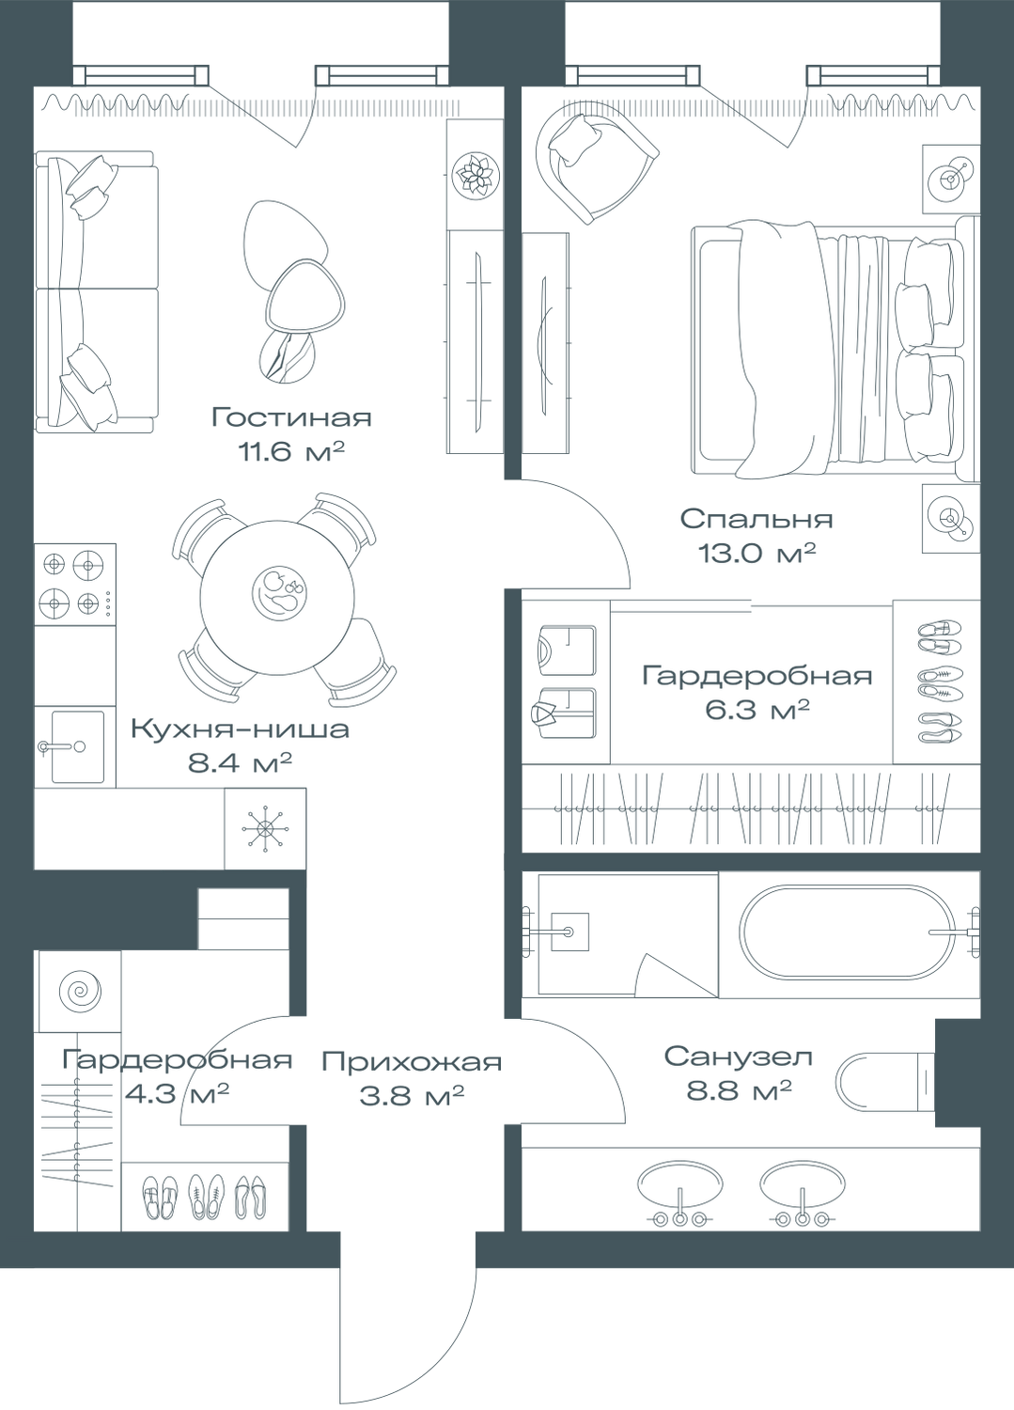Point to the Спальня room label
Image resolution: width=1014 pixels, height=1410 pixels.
point(757,519)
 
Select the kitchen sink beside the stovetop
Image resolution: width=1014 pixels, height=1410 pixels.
point(75,745)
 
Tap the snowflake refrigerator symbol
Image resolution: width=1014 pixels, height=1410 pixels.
point(265,830)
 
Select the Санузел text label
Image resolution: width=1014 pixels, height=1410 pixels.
point(738,1057)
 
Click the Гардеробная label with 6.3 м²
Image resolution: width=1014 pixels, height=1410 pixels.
point(757,677)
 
